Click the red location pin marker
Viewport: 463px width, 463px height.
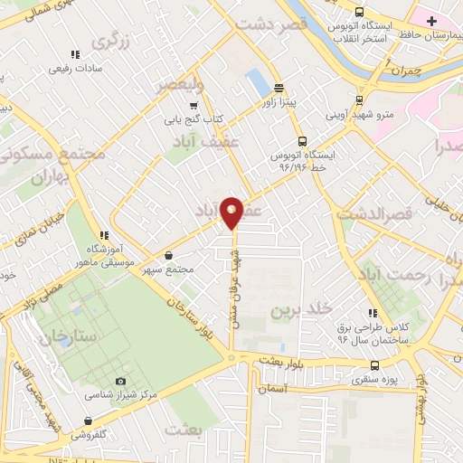tap(232, 212)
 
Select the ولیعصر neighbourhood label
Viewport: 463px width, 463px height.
tap(181, 85)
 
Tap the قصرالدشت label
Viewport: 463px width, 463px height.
tap(373, 214)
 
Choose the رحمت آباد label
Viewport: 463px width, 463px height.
tap(390, 274)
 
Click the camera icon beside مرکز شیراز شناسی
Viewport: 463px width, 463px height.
tap(121, 382)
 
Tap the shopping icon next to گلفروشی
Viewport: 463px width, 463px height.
tap(88, 420)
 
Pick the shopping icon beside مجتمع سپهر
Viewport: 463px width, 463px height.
tap(171, 256)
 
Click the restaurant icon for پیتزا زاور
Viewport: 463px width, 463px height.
tap(279, 89)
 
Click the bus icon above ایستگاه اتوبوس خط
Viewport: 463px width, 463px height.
tap(302, 141)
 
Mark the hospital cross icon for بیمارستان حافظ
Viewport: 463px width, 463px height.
tap(431, 20)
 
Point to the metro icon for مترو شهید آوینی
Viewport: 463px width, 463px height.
tap(359, 100)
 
